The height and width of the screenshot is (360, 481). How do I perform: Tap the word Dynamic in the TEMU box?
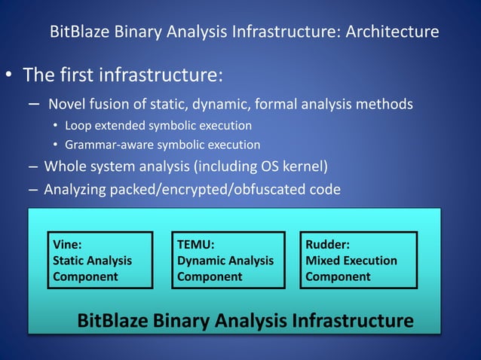(x=202, y=261)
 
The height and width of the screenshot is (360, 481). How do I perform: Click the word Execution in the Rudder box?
(x=370, y=261)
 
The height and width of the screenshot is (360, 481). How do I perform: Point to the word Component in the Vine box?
(x=85, y=276)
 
